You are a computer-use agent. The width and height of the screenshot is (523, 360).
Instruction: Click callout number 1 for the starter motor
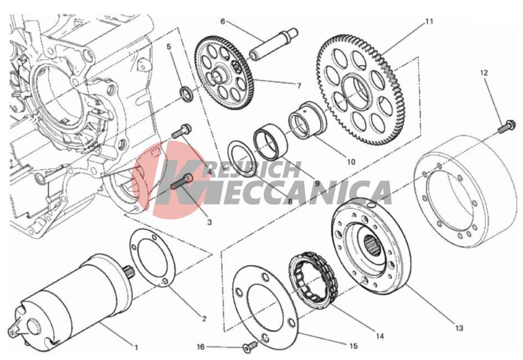pyautogui.click(x=136, y=347)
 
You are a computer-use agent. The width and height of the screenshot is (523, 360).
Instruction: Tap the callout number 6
pyautogui.click(x=223, y=22)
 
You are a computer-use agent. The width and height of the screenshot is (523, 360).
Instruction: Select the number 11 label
pyautogui.click(x=429, y=22)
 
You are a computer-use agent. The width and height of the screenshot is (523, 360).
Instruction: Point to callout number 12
pyautogui.click(x=484, y=73)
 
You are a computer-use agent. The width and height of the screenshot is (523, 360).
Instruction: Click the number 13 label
pyautogui.click(x=459, y=328)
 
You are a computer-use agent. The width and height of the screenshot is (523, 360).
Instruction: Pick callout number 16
pyautogui.click(x=201, y=347)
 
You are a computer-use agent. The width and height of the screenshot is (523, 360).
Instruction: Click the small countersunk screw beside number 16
pyautogui.click(x=250, y=347)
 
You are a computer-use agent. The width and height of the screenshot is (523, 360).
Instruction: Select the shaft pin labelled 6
pyautogui.click(x=274, y=44)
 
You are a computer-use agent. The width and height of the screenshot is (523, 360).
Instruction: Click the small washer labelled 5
pyautogui.click(x=186, y=92)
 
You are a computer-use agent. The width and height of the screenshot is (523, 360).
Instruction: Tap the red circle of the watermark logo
pyautogui.click(x=171, y=180)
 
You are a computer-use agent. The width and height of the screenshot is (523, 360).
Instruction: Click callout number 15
pyautogui.click(x=353, y=346)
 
